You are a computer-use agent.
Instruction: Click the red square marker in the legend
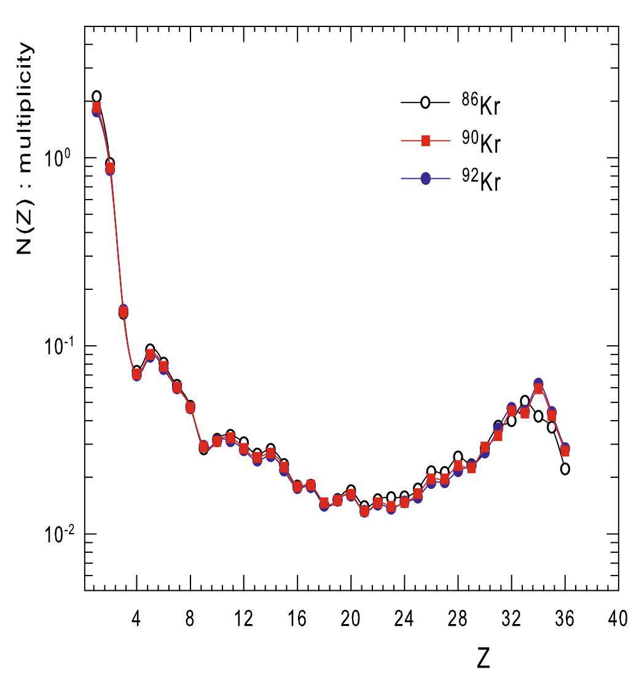[424, 141]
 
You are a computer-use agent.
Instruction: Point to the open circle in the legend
[424, 104]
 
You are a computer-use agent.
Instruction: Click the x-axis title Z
[484, 658]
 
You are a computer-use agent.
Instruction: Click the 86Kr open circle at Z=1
[96, 96]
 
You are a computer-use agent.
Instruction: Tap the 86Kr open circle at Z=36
[565, 469]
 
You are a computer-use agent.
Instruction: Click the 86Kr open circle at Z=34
[538, 416]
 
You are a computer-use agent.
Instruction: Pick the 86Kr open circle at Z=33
[525, 401]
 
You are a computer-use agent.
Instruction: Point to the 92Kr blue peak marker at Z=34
[538, 383]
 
